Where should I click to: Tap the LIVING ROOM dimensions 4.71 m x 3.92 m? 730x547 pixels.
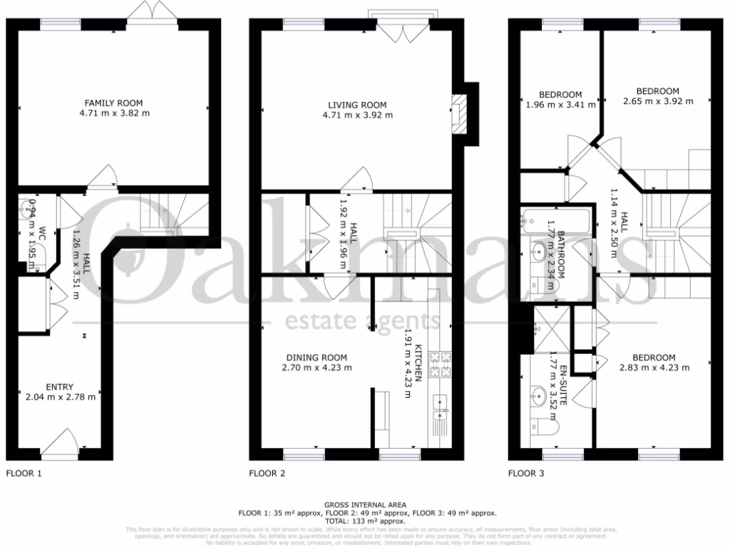click(358, 115)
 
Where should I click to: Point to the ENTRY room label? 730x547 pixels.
click(60, 387)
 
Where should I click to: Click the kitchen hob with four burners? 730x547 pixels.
click(445, 365)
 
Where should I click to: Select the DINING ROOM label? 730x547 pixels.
click(317, 358)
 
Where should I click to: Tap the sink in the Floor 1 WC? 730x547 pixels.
click(29, 209)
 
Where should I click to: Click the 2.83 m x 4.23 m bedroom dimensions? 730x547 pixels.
click(654, 368)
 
